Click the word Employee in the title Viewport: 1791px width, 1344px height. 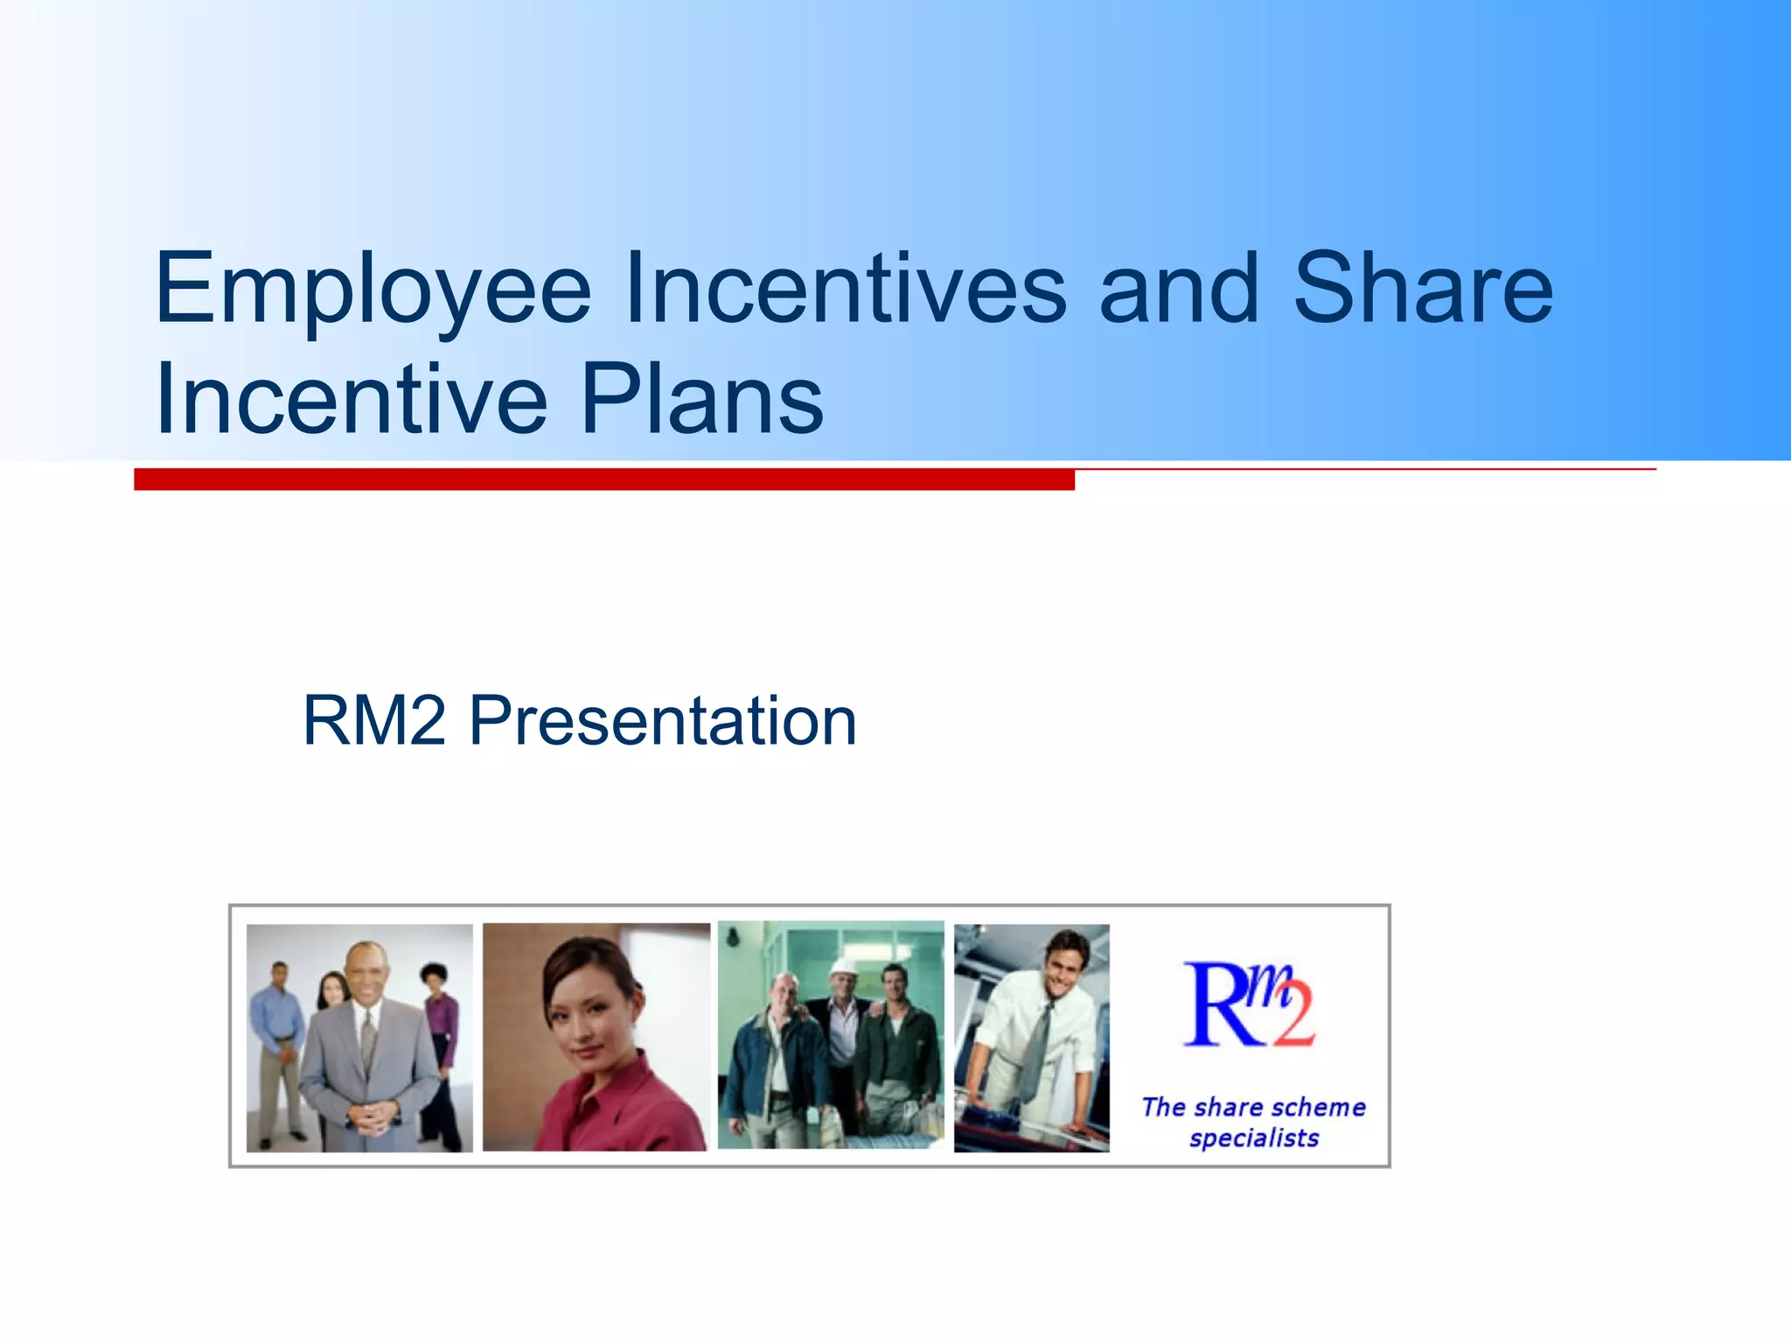[x=373, y=289]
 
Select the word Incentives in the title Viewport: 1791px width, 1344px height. [x=845, y=289]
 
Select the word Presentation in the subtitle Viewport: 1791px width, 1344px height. [x=663, y=721]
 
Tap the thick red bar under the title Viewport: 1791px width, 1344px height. [x=603, y=479]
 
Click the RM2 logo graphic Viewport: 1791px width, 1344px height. [x=1248, y=1004]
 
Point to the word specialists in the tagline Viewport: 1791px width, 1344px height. [x=1254, y=1138]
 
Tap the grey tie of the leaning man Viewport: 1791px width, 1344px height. [x=1037, y=1050]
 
